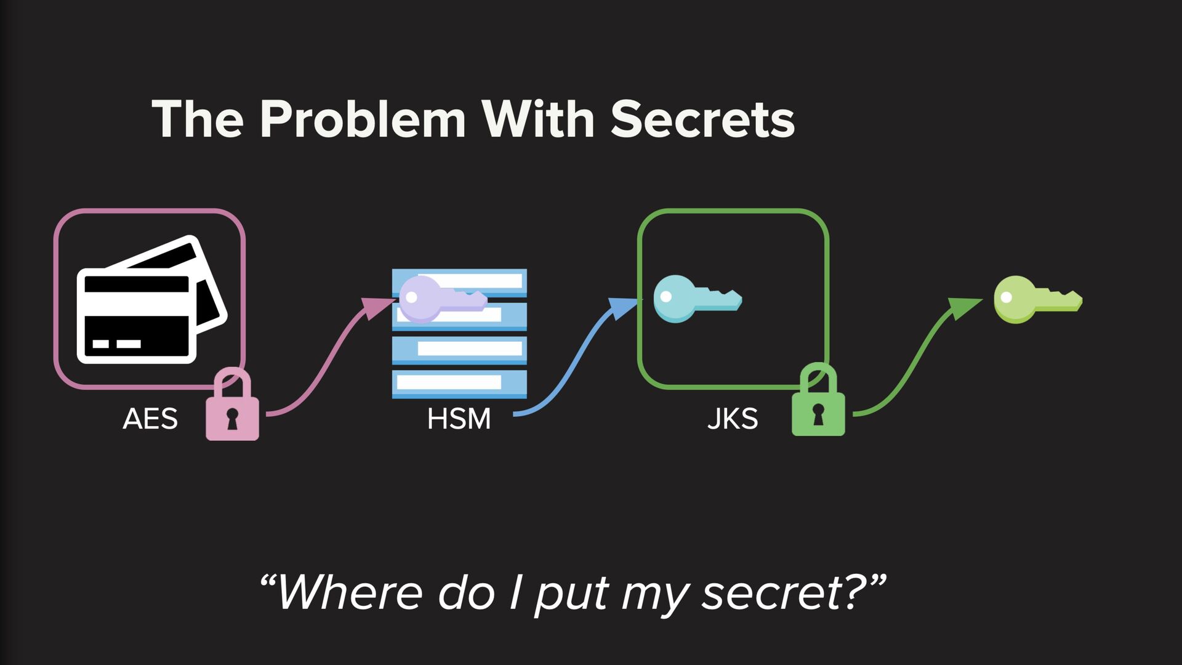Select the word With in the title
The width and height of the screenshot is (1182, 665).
pyautogui.click(x=537, y=119)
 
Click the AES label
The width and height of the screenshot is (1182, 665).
pyautogui.click(x=150, y=419)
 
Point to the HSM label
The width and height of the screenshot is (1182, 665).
pyautogui.click(x=459, y=419)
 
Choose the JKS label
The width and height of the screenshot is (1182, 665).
pyautogui.click(x=732, y=419)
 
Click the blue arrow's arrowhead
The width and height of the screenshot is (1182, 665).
pyautogui.click(x=622, y=305)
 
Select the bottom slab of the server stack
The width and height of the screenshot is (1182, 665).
pyautogui.click(x=459, y=383)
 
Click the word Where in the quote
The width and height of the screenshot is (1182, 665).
pyautogui.click(x=349, y=594)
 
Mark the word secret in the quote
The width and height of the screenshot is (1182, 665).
pyautogui.click(x=772, y=594)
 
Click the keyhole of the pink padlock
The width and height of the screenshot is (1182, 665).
pyautogui.click(x=231, y=419)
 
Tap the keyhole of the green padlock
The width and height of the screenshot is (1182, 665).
pyautogui.click(x=818, y=414)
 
